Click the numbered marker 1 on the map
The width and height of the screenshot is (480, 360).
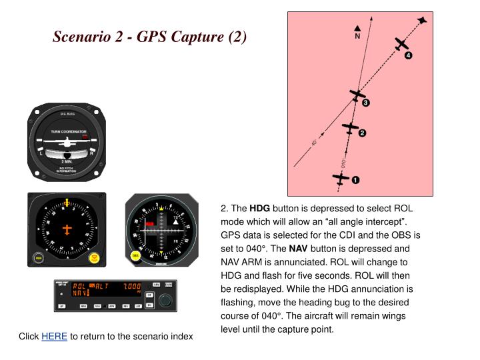click(355, 180)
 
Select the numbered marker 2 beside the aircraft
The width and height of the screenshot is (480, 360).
click(363, 133)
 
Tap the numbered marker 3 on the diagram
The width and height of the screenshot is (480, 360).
click(365, 103)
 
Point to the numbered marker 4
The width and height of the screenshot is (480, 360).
click(408, 55)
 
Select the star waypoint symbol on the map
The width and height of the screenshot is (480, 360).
click(423, 21)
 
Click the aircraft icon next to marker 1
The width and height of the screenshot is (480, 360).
click(341, 179)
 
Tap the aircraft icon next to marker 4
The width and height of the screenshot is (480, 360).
click(400, 44)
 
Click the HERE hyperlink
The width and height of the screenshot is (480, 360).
click(54, 337)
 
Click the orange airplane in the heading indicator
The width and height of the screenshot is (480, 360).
click(67, 229)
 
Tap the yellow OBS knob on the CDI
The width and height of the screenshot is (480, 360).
click(135, 256)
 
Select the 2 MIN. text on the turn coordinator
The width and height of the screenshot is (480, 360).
click(67, 161)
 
